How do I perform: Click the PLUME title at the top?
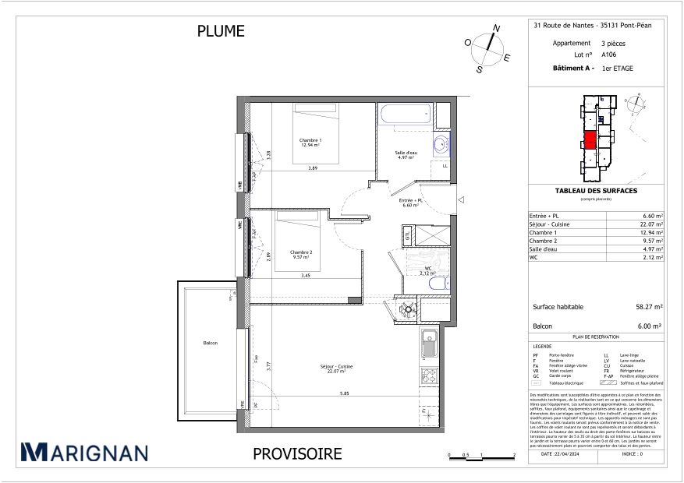coord(221,31)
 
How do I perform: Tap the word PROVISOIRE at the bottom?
coord(297,453)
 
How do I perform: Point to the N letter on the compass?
coord(496,29)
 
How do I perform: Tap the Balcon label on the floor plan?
coord(210,343)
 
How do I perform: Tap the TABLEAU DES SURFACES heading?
coord(596,191)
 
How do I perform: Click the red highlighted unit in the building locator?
coord(590,140)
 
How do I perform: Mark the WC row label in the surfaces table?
coord(534,257)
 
